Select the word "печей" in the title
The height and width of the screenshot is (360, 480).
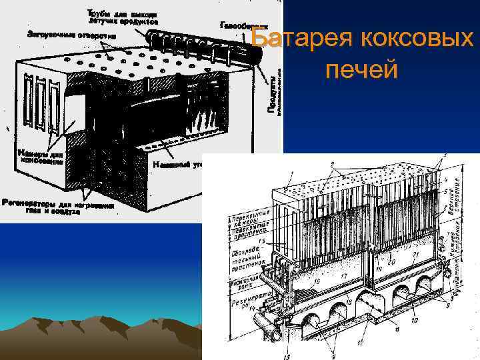point(361,69)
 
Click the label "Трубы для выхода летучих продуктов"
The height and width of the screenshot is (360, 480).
point(123,17)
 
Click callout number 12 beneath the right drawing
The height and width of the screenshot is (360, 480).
point(361,343)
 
